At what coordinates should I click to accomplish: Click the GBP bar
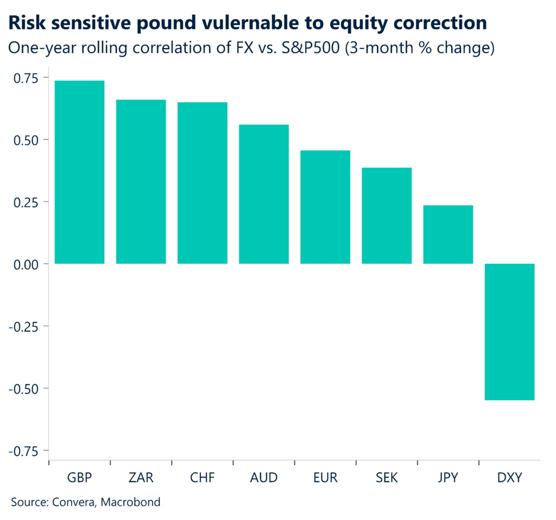(x=79, y=172)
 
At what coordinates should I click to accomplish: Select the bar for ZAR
(x=141, y=182)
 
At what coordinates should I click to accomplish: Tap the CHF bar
(x=203, y=183)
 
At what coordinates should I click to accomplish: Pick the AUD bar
(x=264, y=194)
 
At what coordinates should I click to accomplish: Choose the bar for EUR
(x=325, y=207)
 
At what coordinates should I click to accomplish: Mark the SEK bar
(x=387, y=215)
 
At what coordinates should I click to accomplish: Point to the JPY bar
(x=448, y=234)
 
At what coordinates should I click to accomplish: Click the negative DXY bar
(x=509, y=332)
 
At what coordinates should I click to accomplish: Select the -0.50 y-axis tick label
(x=25, y=389)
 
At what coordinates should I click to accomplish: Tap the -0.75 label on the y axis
(x=25, y=451)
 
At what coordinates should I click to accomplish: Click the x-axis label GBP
(x=79, y=478)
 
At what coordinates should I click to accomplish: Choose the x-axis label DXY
(x=509, y=478)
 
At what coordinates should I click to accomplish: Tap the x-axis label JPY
(x=448, y=478)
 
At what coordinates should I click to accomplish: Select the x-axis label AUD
(x=264, y=478)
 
